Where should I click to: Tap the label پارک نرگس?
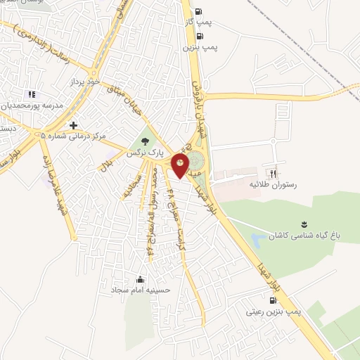pos(146,151)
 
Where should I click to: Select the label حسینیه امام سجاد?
pos(140,289)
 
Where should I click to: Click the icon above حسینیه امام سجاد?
pos(140,278)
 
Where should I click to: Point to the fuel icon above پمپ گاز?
pos(198,11)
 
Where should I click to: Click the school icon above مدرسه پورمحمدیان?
pos(31,94)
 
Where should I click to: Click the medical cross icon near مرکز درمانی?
pos(73,125)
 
